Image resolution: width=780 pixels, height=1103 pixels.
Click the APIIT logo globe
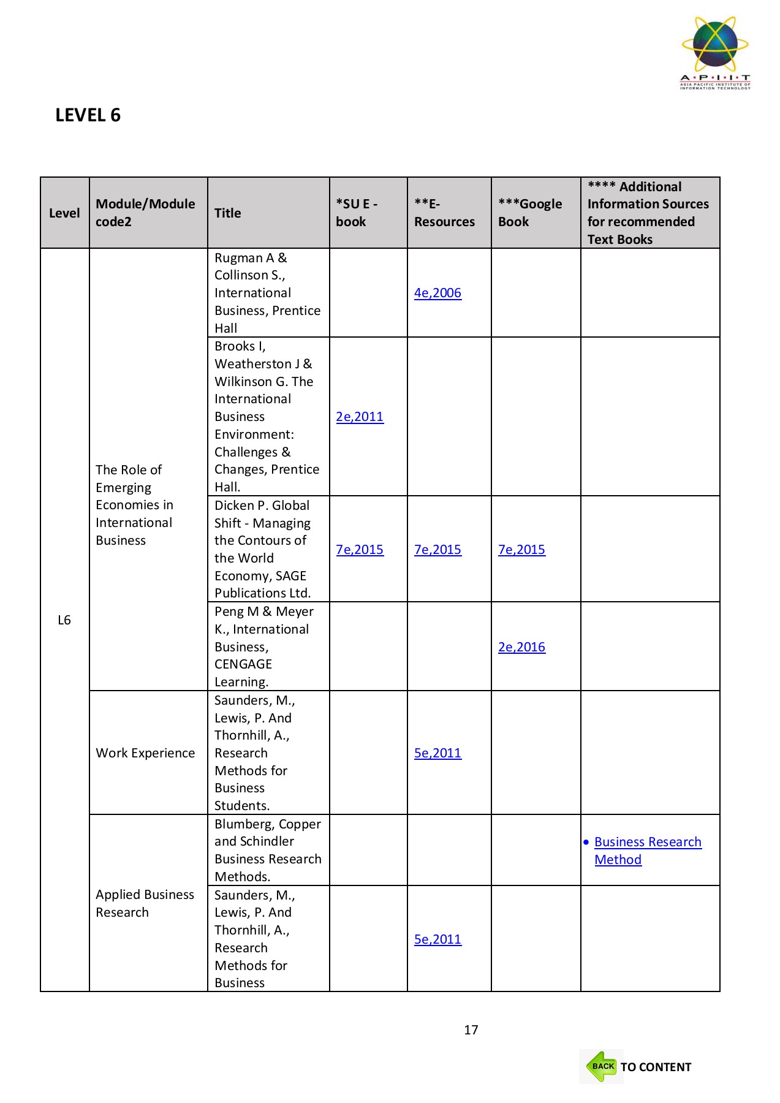[715, 45]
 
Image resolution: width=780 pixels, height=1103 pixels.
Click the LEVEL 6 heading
[88, 115]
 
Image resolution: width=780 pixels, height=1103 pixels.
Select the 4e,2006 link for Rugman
[437, 293]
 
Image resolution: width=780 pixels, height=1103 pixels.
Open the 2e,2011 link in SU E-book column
[360, 417]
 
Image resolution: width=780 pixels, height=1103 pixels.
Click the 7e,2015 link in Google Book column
[521, 550]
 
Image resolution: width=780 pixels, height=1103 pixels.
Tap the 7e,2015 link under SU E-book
[360, 550]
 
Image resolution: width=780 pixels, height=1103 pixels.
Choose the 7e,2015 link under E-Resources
[437, 550]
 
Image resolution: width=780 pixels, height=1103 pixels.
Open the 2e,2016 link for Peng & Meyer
[521, 647]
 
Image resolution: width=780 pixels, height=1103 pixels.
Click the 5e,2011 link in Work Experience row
[437, 753]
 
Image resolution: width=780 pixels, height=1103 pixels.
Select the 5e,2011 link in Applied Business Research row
[437, 939]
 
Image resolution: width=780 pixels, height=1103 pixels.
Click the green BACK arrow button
[602, 1067]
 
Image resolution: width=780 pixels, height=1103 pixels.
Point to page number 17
[471, 1030]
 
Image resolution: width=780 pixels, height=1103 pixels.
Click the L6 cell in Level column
[64, 620]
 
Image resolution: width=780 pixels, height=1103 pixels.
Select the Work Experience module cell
[145, 753]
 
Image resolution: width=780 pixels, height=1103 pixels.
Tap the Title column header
[227, 213]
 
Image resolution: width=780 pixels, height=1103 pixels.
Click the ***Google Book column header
[529, 213]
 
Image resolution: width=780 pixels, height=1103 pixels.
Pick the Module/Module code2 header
[145, 213]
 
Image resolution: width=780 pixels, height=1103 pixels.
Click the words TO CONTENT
[656, 1067]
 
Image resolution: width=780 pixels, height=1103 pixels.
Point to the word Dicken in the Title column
[232, 506]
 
